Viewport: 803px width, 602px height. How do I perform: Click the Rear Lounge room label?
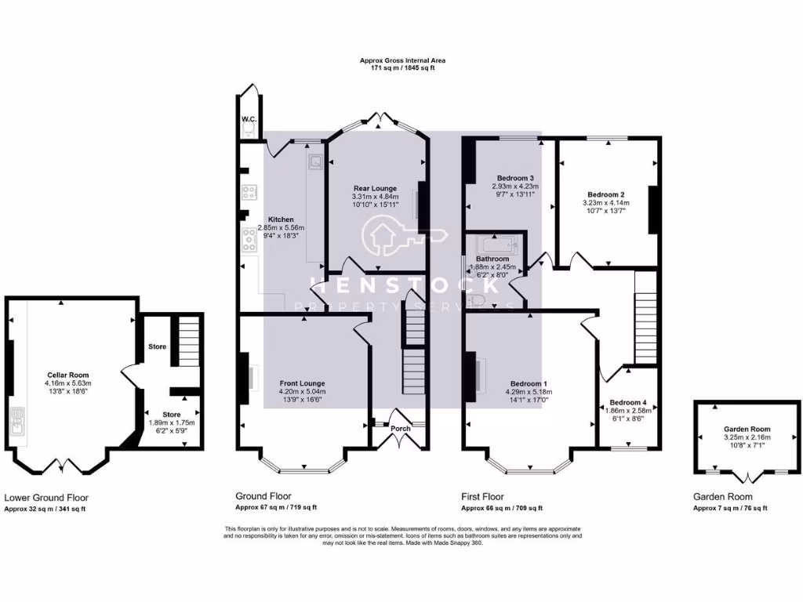click(x=374, y=188)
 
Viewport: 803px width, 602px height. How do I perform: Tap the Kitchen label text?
click(x=281, y=219)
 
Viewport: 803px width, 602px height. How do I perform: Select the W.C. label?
click(x=249, y=119)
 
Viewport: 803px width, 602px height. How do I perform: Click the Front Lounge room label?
click(x=302, y=383)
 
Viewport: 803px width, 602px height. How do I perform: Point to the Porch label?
click(x=400, y=428)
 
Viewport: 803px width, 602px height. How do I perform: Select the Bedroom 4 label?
click(x=627, y=402)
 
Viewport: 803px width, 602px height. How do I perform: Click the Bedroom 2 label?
click(x=606, y=194)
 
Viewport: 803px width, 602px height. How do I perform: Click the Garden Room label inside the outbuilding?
click(x=747, y=429)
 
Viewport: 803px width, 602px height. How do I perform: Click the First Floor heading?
click(x=481, y=496)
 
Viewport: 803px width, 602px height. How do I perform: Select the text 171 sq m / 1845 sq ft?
click(x=402, y=68)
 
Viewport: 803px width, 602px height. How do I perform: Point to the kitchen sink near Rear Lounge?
click(x=315, y=161)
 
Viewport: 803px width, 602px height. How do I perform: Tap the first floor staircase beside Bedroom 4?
click(x=645, y=317)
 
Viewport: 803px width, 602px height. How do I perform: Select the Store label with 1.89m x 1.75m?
click(x=172, y=415)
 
